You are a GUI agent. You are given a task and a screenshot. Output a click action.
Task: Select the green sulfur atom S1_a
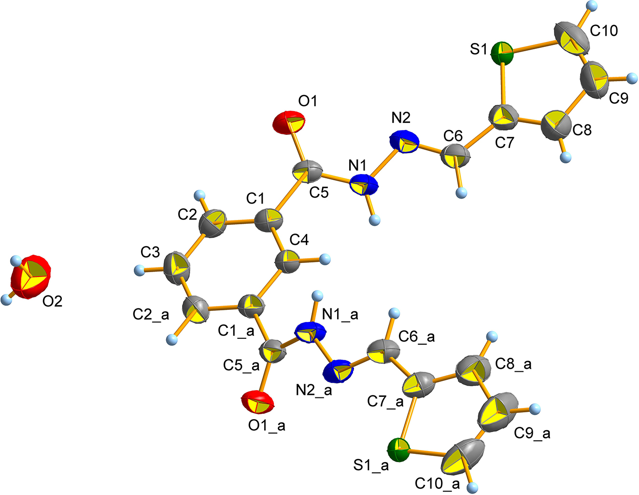pyautogui.click(x=399, y=450)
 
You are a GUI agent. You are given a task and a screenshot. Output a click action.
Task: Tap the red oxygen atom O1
pyautogui.click(x=289, y=122)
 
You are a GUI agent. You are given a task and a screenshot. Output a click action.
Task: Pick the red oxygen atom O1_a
pyautogui.click(x=257, y=403)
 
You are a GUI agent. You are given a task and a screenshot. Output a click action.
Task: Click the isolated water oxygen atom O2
pyautogui.click(x=30, y=277)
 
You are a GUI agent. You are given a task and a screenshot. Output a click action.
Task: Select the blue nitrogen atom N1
pyautogui.click(x=364, y=185)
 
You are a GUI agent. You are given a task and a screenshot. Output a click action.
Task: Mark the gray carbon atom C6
pyautogui.click(x=455, y=155)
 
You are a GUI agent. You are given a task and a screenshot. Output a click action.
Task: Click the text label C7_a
pyautogui.click(x=385, y=401)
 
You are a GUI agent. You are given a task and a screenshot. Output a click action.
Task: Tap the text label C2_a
pyautogui.click(x=151, y=315)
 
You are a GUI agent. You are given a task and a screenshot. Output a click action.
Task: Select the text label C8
pyautogui.click(x=582, y=130)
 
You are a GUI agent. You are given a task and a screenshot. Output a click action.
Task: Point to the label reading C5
pyautogui.click(x=319, y=192)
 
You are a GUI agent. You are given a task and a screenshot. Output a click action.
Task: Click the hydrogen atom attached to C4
pyautogui.click(x=325, y=259)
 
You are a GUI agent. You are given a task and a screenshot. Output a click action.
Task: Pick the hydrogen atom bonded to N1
pyautogui.click(x=375, y=220)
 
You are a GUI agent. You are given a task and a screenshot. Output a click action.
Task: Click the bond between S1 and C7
pyautogui.click(x=503, y=86)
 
